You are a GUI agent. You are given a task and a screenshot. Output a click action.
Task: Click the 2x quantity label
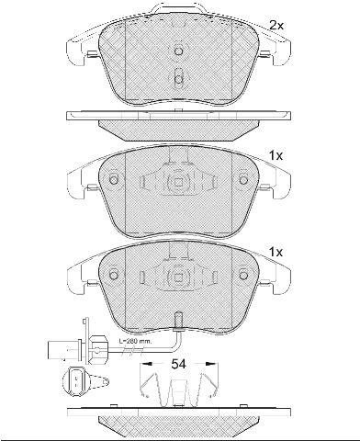[276, 25]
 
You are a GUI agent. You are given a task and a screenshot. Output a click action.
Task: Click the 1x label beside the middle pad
[276, 156]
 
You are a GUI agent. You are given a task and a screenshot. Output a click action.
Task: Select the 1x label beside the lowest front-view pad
[276, 252]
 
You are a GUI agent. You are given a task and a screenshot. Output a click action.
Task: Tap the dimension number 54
[178, 364]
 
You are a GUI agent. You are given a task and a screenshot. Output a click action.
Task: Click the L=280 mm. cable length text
[135, 341]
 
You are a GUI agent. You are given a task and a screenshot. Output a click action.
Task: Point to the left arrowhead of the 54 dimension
[146, 364]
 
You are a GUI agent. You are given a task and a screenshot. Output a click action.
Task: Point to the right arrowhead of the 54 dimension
[210, 364]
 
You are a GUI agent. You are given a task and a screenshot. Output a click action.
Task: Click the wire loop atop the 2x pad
[179, 7]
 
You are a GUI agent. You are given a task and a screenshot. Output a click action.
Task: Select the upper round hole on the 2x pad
[178, 51]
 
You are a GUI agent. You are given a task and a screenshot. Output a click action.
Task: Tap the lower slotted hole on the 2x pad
[178, 78]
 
